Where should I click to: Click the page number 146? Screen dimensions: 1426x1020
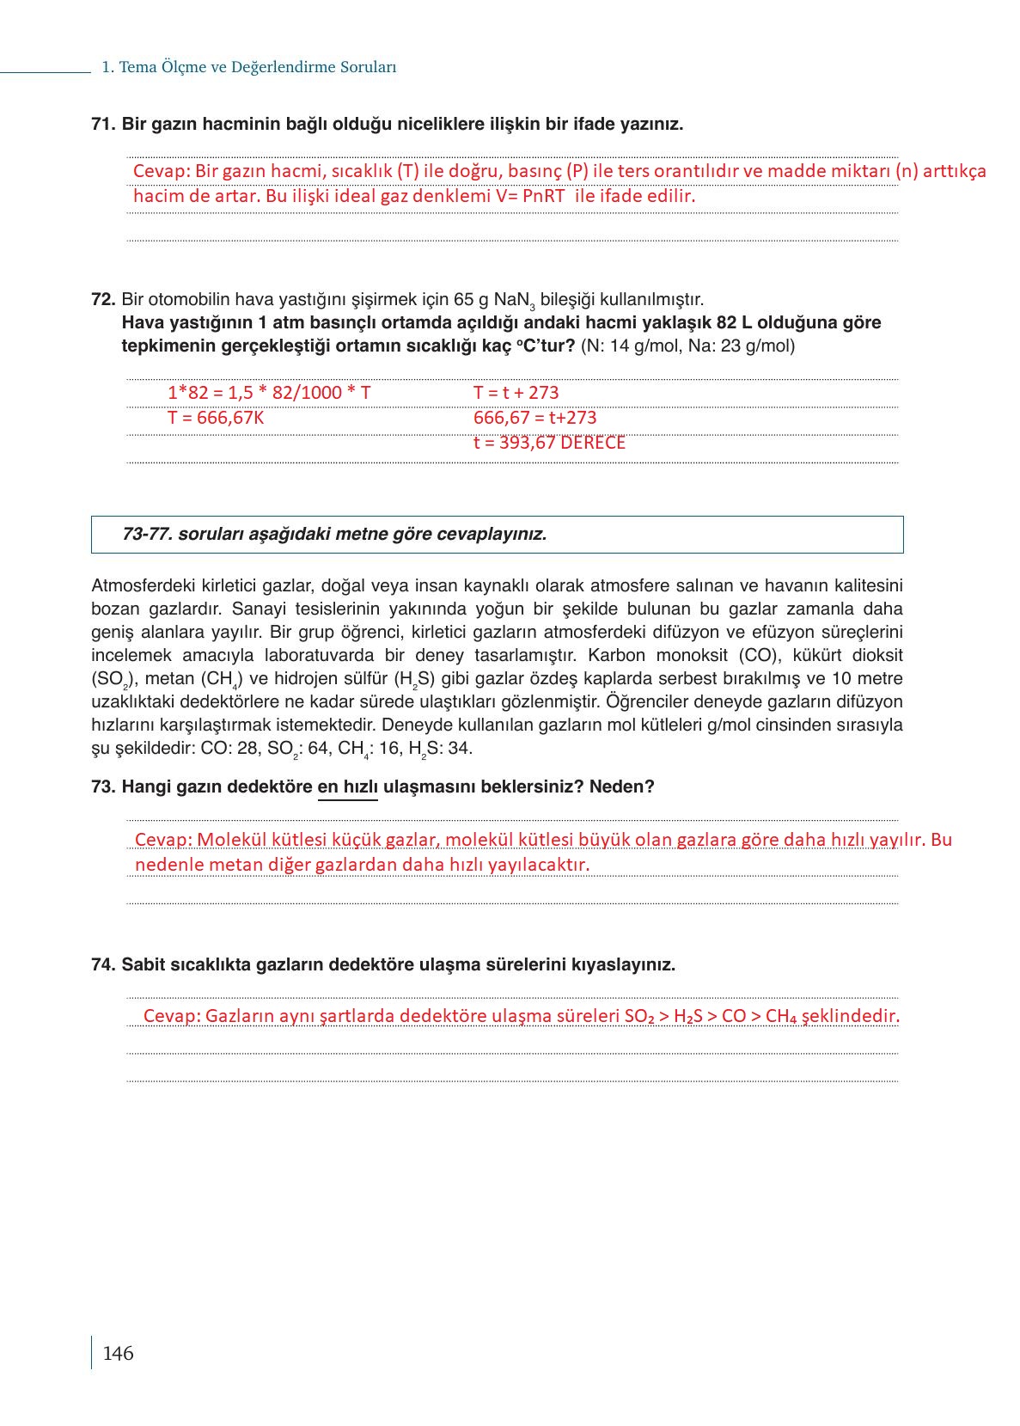point(118,1353)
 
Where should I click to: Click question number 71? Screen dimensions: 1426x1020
point(102,124)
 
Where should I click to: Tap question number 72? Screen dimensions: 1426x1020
point(102,299)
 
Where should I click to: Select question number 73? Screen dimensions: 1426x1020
point(102,786)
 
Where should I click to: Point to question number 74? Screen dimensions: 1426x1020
point(102,964)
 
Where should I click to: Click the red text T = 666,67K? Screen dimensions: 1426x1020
point(216,418)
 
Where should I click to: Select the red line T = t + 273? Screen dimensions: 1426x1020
point(516,393)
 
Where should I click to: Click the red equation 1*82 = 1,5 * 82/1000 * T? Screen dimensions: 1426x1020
point(269,393)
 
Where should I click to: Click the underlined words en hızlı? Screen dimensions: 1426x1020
point(348,786)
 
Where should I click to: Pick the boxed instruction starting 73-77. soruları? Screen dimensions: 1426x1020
point(334,534)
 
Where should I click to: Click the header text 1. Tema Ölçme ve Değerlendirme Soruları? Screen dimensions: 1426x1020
point(248,67)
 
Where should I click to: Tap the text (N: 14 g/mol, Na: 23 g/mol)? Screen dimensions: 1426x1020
point(687,346)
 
